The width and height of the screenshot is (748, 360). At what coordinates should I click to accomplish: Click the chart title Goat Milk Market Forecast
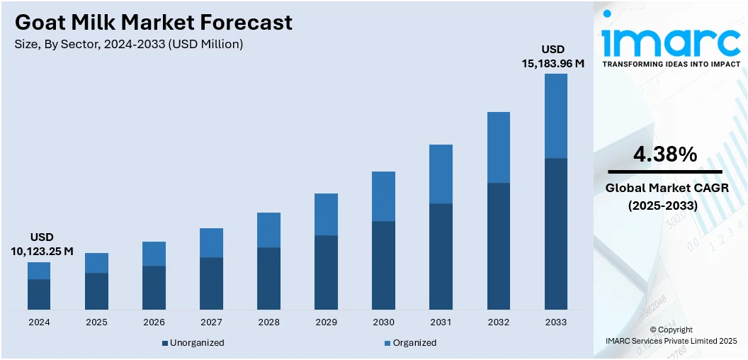point(153,23)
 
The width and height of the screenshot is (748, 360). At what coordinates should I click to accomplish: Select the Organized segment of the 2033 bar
point(556,116)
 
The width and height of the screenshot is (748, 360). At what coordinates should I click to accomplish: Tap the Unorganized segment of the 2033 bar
point(556,233)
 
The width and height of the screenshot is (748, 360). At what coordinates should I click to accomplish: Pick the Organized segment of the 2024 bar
point(39,271)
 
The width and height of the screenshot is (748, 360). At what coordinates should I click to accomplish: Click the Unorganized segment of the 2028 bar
point(268,278)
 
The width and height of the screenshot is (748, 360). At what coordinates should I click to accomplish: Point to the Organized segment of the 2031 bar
point(441,174)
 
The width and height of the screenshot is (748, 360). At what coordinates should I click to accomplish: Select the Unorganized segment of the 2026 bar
point(154,287)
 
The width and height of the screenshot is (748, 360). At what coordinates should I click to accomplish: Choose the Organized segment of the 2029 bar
point(326,214)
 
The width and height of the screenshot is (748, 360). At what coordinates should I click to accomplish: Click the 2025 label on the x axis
point(96,322)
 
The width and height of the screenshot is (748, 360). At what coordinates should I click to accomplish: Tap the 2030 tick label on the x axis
point(383,322)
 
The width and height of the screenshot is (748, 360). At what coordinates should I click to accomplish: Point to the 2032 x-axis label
point(498,322)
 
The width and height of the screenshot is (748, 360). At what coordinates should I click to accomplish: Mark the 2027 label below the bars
point(211,322)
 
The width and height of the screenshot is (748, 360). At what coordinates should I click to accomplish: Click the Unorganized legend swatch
point(165,343)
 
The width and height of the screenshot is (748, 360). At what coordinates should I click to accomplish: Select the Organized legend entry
point(412,343)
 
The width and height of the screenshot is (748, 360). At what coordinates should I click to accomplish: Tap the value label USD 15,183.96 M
point(553,57)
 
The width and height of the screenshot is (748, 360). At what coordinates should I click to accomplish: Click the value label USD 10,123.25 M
point(42,244)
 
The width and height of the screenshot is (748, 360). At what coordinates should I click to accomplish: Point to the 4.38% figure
point(664,154)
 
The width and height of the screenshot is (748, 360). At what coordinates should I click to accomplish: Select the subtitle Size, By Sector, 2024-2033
point(129,44)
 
